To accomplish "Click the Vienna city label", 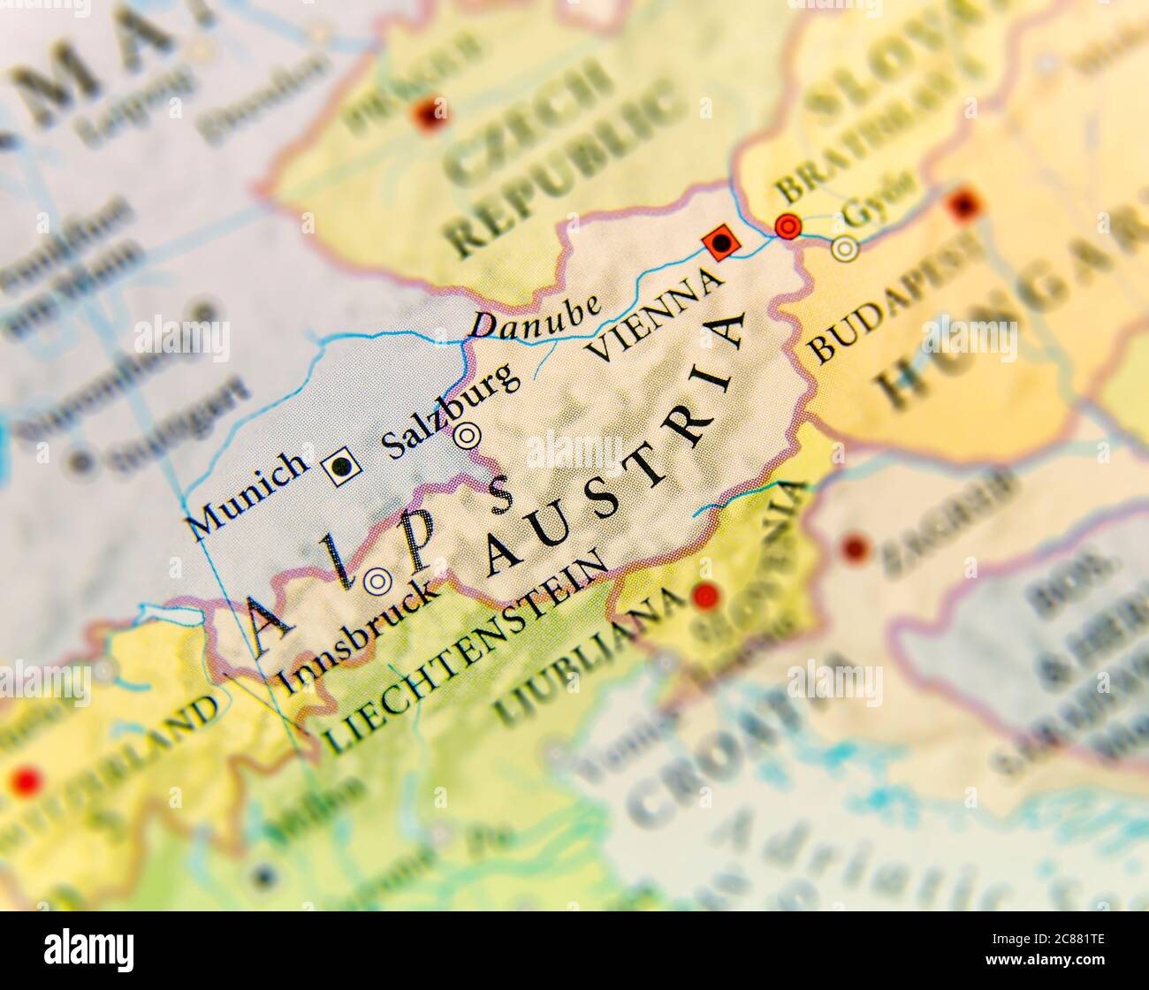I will pos(654,316).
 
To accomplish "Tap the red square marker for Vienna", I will pos(720,241).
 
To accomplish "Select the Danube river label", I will pos(536,315).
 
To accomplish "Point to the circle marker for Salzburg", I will pos(467,435).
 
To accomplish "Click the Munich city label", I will pos(248,493).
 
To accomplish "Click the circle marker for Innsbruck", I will pos(378,580).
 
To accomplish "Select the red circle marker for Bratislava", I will pos(787,227).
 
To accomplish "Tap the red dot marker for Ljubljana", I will pos(704,597).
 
